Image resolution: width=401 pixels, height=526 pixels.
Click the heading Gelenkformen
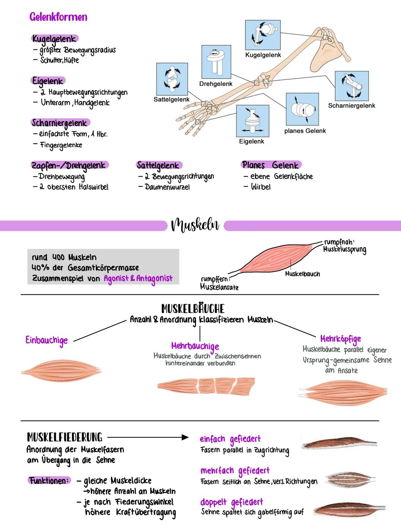tap(58, 17)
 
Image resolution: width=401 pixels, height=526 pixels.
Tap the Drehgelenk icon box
tap(216, 62)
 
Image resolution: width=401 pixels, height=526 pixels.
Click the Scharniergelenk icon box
tap(352, 86)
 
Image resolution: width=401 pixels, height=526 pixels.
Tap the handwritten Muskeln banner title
tap(195, 225)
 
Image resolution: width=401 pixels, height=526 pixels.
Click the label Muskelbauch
tap(302, 274)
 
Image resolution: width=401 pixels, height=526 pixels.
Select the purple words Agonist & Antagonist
tap(138, 278)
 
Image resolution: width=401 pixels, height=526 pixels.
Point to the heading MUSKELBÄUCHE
tap(193, 308)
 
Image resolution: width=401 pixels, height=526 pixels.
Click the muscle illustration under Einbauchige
tap(61, 370)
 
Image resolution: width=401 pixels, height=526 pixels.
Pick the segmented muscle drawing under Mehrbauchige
tap(206, 386)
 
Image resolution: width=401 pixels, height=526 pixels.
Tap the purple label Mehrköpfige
tap(340, 339)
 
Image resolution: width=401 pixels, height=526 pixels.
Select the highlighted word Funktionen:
tap(49, 480)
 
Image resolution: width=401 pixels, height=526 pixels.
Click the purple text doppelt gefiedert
tap(231, 502)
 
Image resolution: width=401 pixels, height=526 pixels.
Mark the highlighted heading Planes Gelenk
tap(271, 165)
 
